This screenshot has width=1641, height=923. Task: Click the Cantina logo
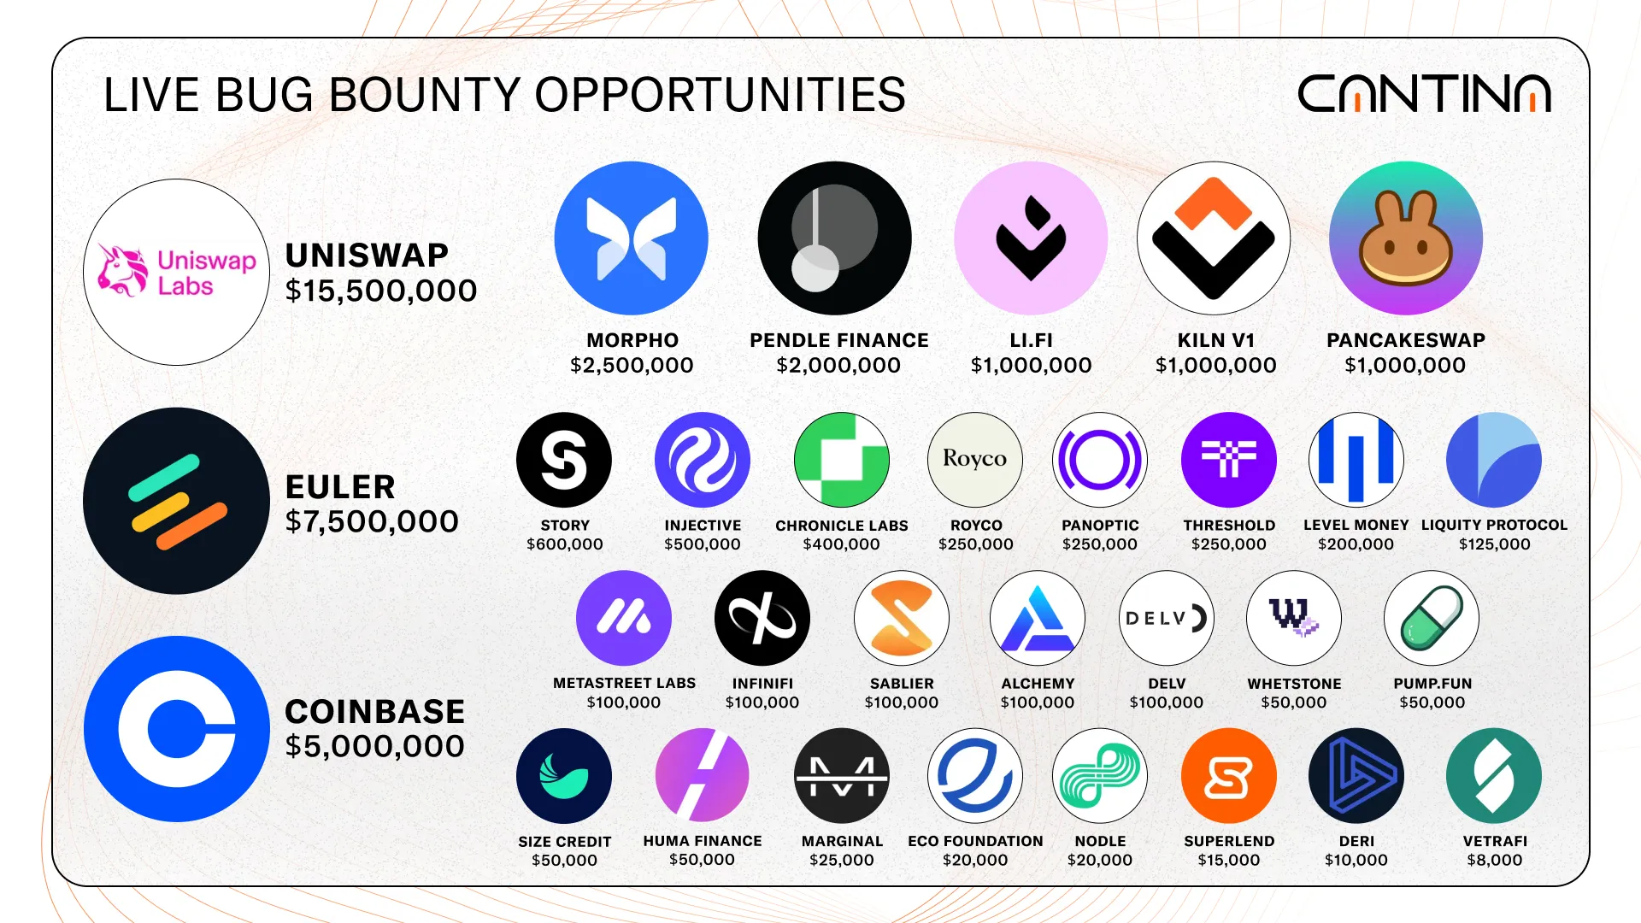click(1424, 93)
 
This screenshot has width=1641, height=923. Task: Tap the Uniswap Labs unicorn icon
click(121, 271)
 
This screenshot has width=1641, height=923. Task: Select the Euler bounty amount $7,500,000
click(372, 521)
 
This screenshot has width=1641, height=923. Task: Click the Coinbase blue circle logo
click(177, 729)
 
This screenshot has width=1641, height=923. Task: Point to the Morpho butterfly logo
click(631, 238)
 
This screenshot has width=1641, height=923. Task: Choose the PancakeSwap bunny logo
click(1405, 238)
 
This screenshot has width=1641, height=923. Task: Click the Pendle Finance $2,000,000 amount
click(838, 366)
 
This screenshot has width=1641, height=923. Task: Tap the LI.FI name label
click(1031, 340)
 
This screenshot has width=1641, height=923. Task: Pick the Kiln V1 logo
click(1214, 238)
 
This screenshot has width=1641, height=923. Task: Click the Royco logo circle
click(975, 460)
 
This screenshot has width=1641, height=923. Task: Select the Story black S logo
click(564, 460)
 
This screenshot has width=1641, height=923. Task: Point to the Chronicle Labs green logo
click(842, 460)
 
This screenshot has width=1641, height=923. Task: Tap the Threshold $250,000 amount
click(1229, 544)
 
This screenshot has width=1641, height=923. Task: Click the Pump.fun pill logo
click(1432, 618)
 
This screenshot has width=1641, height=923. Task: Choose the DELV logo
click(1167, 618)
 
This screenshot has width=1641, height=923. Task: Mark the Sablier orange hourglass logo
click(902, 618)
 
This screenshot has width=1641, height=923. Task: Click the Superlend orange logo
click(1229, 776)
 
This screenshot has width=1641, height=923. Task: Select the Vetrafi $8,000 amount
click(1495, 861)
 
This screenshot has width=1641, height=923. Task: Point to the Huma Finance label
click(703, 841)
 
